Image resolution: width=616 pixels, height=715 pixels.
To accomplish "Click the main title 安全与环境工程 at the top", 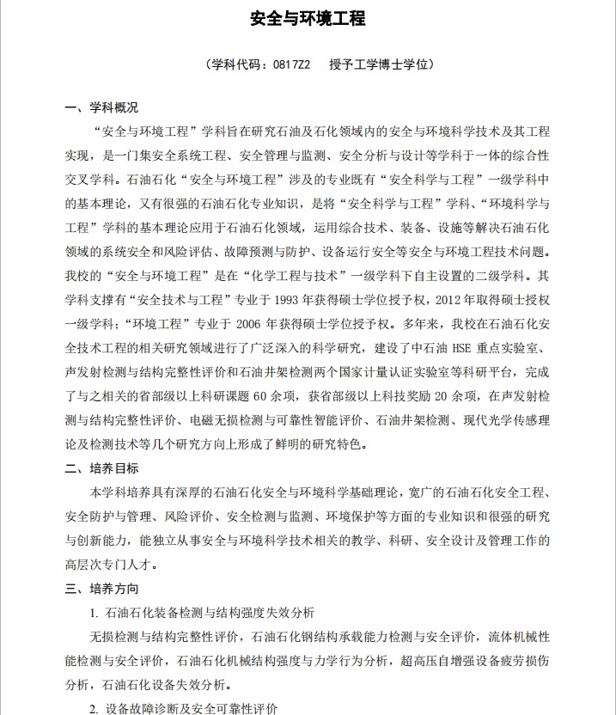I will pyautogui.click(x=308, y=18).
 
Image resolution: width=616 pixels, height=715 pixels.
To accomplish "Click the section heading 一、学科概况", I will pyautogui.click(x=101, y=108).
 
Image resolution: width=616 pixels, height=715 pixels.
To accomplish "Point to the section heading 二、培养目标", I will pyautogui.click(x=101, y=469).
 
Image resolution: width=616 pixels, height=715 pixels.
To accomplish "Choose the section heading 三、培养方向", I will pyautogui.click(x=101, y=590).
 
